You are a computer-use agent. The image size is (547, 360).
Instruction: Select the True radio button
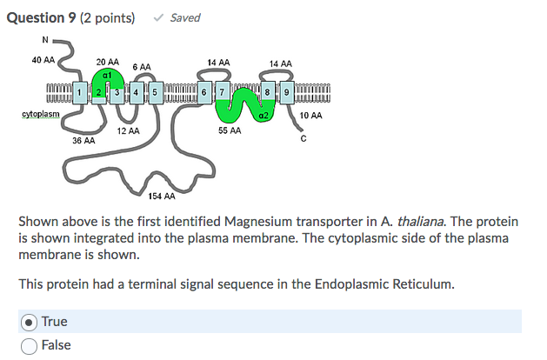(29, 322)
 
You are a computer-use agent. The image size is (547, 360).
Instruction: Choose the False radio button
(29, 345)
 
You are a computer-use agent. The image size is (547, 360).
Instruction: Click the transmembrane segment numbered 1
(79, 92)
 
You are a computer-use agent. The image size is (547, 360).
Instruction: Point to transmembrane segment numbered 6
(203, 92)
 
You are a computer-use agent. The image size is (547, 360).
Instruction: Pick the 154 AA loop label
(162, 197)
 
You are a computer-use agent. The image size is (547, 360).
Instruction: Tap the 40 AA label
(43, 60)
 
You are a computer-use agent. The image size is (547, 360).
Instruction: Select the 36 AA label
(83, 140)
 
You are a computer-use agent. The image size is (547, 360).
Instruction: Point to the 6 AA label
(142, 66)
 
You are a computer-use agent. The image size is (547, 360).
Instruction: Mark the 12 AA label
(128, 130)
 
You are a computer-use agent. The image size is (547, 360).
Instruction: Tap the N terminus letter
(44, 38)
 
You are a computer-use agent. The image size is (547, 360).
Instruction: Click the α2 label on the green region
(263, 114)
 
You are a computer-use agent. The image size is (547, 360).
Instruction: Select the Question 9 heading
(43, 17)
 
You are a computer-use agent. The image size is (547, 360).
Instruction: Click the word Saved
(185, 17)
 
